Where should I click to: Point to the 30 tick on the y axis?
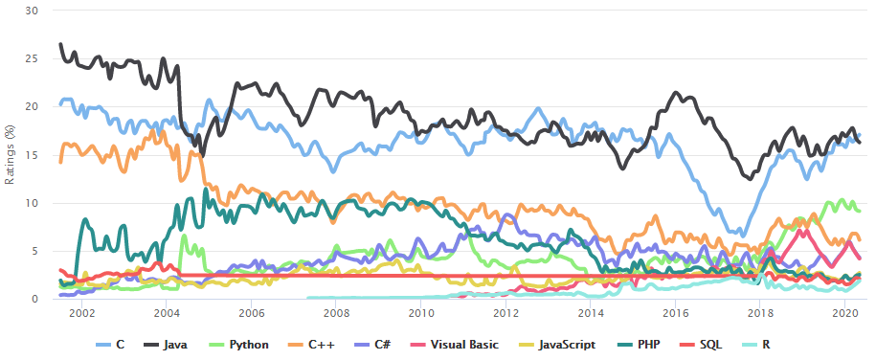tap(32, 11)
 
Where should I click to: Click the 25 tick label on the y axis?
tap(32, 58)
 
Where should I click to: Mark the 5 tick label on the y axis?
tap(34, 251)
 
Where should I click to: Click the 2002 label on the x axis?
tap(81, 313)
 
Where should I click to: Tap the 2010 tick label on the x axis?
tap(420, 313)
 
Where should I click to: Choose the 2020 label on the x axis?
tap(844, 313)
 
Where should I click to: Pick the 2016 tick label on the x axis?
tap(675, 313)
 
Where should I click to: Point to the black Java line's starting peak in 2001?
tap(60, 44)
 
